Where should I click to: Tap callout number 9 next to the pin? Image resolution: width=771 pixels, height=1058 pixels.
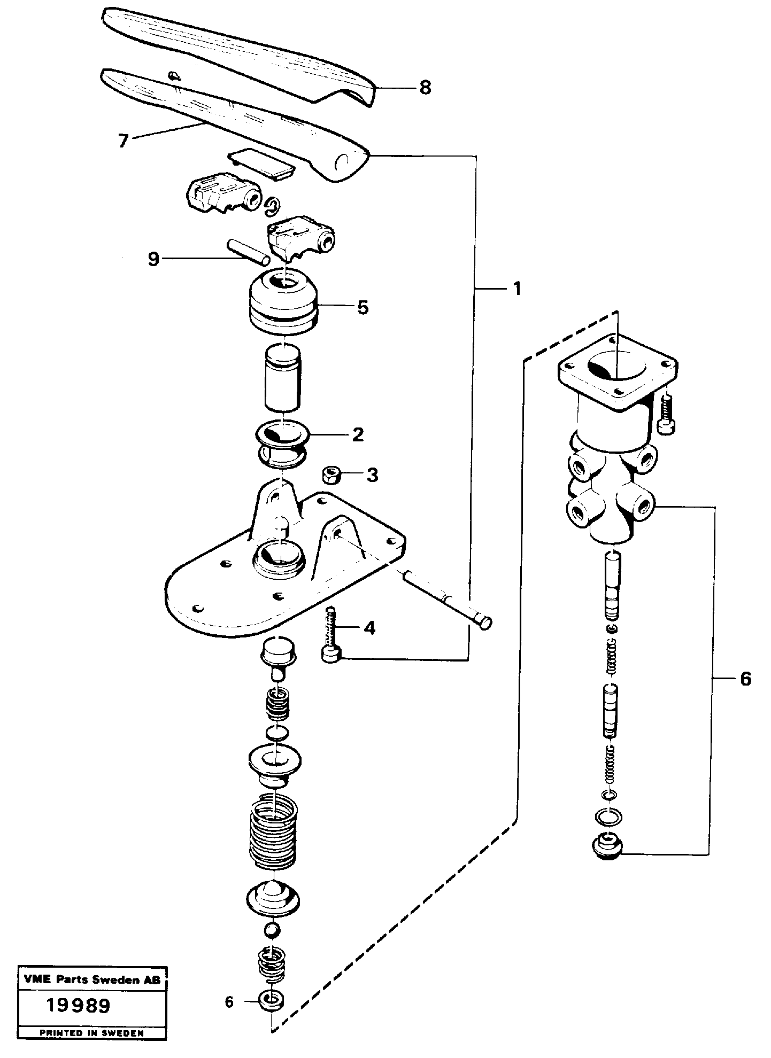[153, 260]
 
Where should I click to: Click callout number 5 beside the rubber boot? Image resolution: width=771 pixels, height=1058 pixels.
[363, 307]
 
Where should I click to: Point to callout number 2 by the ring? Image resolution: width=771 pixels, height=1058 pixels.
[358, 434]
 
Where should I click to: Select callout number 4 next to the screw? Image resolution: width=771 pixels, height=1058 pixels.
[369, 628]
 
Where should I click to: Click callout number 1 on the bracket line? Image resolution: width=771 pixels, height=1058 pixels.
[516, 289]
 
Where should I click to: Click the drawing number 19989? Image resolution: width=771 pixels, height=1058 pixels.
[78, 1006]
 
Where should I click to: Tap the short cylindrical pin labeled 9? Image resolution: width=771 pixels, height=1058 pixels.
[248, 252]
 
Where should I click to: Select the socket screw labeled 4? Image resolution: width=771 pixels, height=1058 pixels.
[331, 636]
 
